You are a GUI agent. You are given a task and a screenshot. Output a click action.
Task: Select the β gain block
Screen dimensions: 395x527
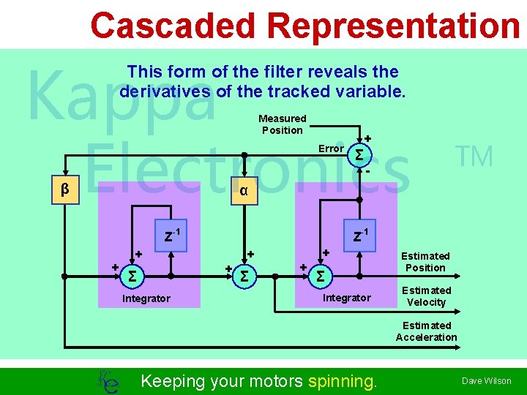[x=65, y=190]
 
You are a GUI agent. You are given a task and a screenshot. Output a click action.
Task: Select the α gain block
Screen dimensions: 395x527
[x=244, y=190]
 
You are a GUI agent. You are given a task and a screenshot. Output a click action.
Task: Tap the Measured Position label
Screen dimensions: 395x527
[x=283, y=124]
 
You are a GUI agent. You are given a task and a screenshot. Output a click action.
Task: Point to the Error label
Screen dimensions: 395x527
[x=331, y=148]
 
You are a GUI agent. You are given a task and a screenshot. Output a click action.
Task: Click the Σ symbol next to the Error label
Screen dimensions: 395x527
[x=359, y=155]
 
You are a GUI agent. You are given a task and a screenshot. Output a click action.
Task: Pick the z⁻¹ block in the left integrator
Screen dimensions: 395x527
[x=171, y=236]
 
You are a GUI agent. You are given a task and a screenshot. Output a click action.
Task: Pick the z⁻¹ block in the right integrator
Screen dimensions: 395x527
[x=360, y=236]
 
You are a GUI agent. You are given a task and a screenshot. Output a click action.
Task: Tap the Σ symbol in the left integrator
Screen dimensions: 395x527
[x=132, y=276]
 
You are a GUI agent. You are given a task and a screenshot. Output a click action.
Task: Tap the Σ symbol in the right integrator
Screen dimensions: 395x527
[x=320, y=276]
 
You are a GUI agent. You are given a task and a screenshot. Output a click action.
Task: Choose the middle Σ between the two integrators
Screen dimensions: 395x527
[x=244, y=276]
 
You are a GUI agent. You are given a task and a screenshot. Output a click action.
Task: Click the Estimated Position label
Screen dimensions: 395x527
[x=425, y=262]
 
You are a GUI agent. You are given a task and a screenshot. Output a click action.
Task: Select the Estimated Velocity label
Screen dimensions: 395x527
[x=426, y=296]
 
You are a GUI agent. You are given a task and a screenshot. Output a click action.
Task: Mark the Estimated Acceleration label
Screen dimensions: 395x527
[x=426, y=331]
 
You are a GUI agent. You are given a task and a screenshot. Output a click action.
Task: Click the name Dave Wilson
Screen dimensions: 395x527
[x=486, y=381]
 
